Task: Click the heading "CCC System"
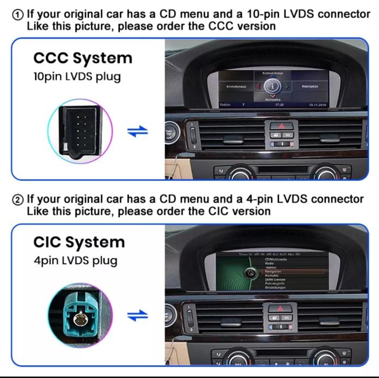[83, 58]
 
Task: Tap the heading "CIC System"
[79, 242]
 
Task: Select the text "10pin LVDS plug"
[77, 77]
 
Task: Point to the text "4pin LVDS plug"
[75, 260]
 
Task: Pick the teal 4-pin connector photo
[80, 316]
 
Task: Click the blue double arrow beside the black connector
[137, 132]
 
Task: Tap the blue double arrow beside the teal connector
[137, 316]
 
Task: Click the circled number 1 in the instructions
[18, 14]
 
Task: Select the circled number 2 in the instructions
[18, 198]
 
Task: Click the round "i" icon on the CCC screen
[272, 86]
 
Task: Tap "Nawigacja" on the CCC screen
[310, 86]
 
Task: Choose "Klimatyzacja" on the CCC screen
[236, 87]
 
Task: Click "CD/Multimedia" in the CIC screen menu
[276, 259]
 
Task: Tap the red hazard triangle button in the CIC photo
[273, 309]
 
